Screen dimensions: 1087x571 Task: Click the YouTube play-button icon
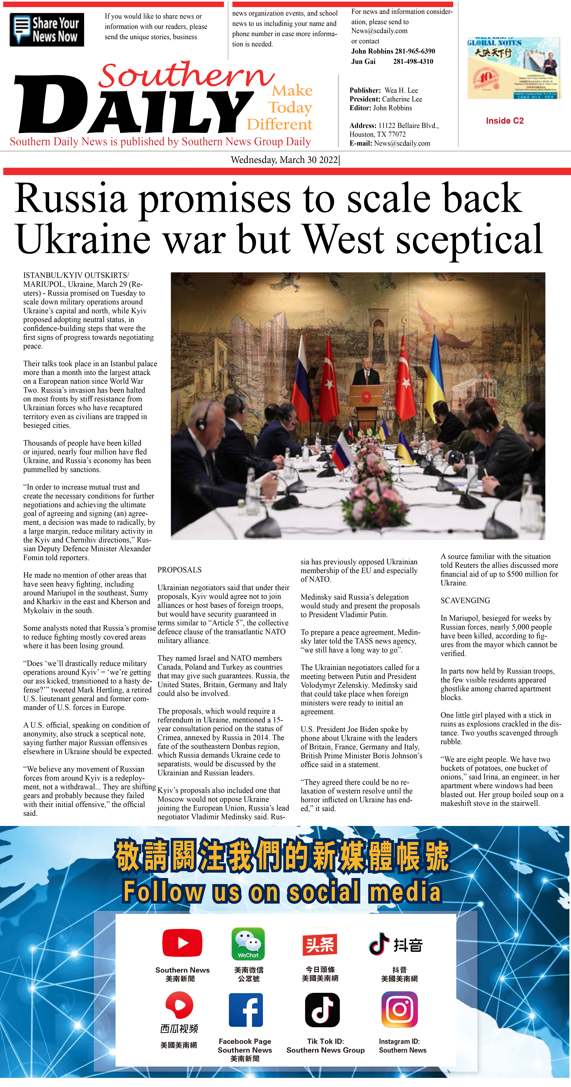tap(182, 943)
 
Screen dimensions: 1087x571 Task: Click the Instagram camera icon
tap(399, 1009)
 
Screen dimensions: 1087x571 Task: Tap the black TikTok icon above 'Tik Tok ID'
tap(322, 1010)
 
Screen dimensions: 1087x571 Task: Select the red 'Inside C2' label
tap(504, 121)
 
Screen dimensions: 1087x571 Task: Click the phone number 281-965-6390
tap(415, 51)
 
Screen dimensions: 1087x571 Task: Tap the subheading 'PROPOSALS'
tap(179, 570)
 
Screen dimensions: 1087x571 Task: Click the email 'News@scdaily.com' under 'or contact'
tap(379, 31)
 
